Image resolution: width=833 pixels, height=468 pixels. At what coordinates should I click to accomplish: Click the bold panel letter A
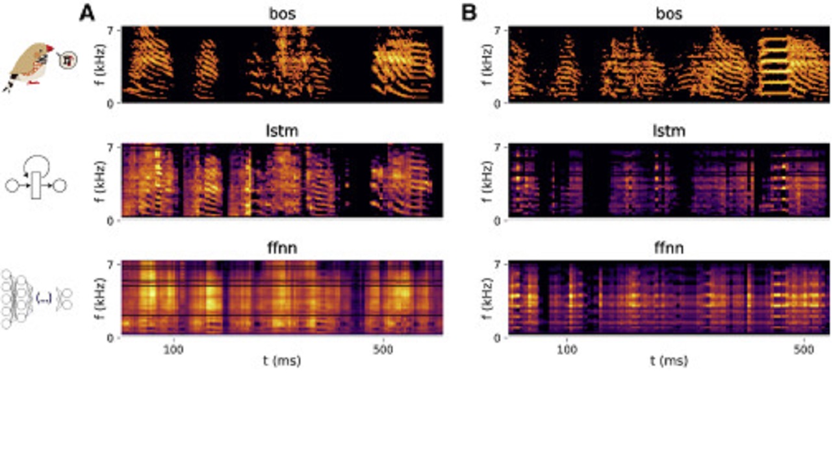pyautogui.click(x=87, y=13)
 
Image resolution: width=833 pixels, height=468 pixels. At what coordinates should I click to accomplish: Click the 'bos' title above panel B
pyautogui.click(x=669, y=14)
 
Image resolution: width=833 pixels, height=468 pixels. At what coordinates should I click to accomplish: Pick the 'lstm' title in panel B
pyautogui.click(x=669, y=131)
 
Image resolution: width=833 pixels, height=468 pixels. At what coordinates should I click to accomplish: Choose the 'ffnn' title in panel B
pyautogui.click(x=669, y=249)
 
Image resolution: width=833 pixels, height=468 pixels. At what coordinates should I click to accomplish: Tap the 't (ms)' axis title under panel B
pyautogui.click(x=669, y=362)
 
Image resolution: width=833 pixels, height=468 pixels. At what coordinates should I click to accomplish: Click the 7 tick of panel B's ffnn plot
pyautogui.click(x=500, y=264)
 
